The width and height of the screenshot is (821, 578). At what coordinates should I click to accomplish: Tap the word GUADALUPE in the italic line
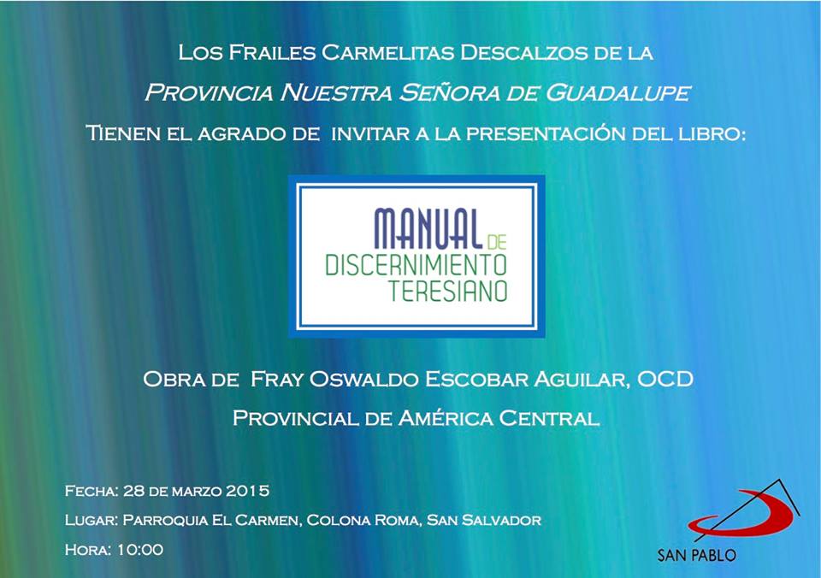click(618, 92)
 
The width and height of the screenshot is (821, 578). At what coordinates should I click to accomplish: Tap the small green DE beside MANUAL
click(496, 242)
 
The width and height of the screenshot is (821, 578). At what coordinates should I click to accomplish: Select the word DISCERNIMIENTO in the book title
click(416, 265)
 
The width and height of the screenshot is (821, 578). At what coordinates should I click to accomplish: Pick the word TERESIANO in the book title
click(447, 291)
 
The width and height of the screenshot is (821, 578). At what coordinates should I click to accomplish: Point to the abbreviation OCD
click(665, 379)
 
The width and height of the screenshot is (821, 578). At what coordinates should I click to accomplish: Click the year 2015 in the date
click(248, 491)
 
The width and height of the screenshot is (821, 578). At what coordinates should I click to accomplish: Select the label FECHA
click(92, 491)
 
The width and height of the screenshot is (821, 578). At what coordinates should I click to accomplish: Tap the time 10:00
click(139, 549)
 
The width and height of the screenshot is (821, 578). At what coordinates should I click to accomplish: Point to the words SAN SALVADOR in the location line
click(484, 520)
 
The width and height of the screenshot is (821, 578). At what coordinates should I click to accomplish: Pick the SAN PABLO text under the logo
click(696, 555)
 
